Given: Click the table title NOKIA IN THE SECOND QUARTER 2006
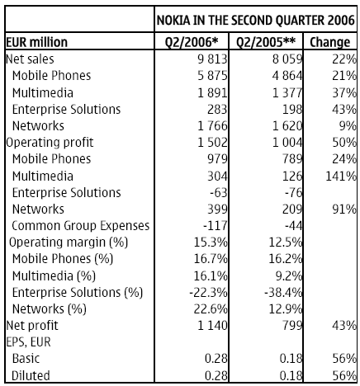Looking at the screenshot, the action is [x=256, y=20].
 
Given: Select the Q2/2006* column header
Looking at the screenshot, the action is [x=192, y=42].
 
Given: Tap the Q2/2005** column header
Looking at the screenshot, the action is [x=266, y=42].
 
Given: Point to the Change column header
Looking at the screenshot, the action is [x=330, y=42].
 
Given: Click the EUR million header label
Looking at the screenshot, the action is [x=36, y=42].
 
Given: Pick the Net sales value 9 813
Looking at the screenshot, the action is [x=212, y=59].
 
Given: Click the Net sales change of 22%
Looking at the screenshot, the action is [x=344, y=59].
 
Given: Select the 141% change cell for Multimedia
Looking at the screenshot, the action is [x=341, y=176].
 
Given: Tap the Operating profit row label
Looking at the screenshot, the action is [x=50, y=143].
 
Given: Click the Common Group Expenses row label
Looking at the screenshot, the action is [x=81, y=226].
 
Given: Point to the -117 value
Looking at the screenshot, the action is [x=216, y=226].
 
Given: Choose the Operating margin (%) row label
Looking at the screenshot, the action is [x=69, y=242].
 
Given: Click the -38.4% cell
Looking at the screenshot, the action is [x=283, y=293].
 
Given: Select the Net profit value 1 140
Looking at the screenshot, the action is [x=212, y=326].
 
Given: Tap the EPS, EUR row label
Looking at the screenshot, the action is [x=28, y=342].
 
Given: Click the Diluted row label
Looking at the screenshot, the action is [x=31, y=375].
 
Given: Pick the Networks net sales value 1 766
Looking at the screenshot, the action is [x=212, y=126].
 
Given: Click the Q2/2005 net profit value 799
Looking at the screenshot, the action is [x=292, y=326].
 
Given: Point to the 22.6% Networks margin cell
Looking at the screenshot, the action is [x=211, y=309].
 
